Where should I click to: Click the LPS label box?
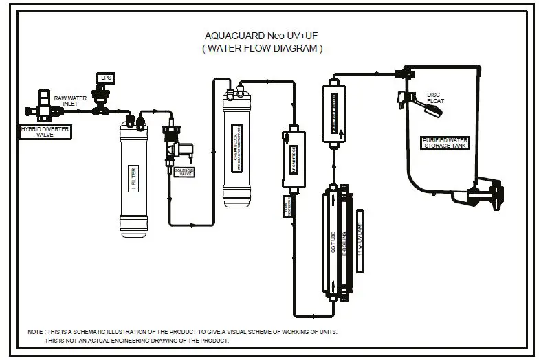106,78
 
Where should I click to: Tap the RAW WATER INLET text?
71,101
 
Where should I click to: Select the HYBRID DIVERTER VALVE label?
45,132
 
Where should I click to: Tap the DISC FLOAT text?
435,98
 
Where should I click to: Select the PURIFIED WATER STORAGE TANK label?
445,143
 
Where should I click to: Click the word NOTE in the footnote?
35,332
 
